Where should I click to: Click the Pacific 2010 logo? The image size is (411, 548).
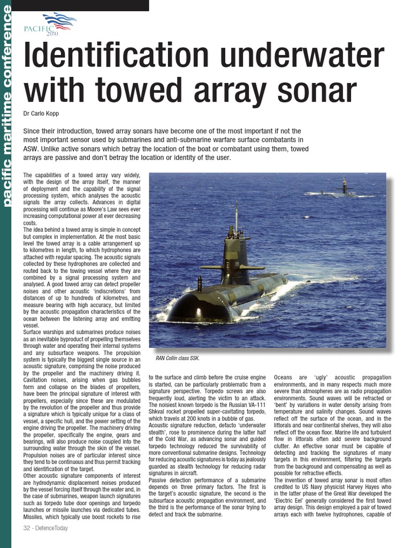click(x=51, y=24)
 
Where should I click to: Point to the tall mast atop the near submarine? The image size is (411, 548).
click(x=236, y=217)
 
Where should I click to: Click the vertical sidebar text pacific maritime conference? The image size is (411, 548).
click(x=6, y=107)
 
